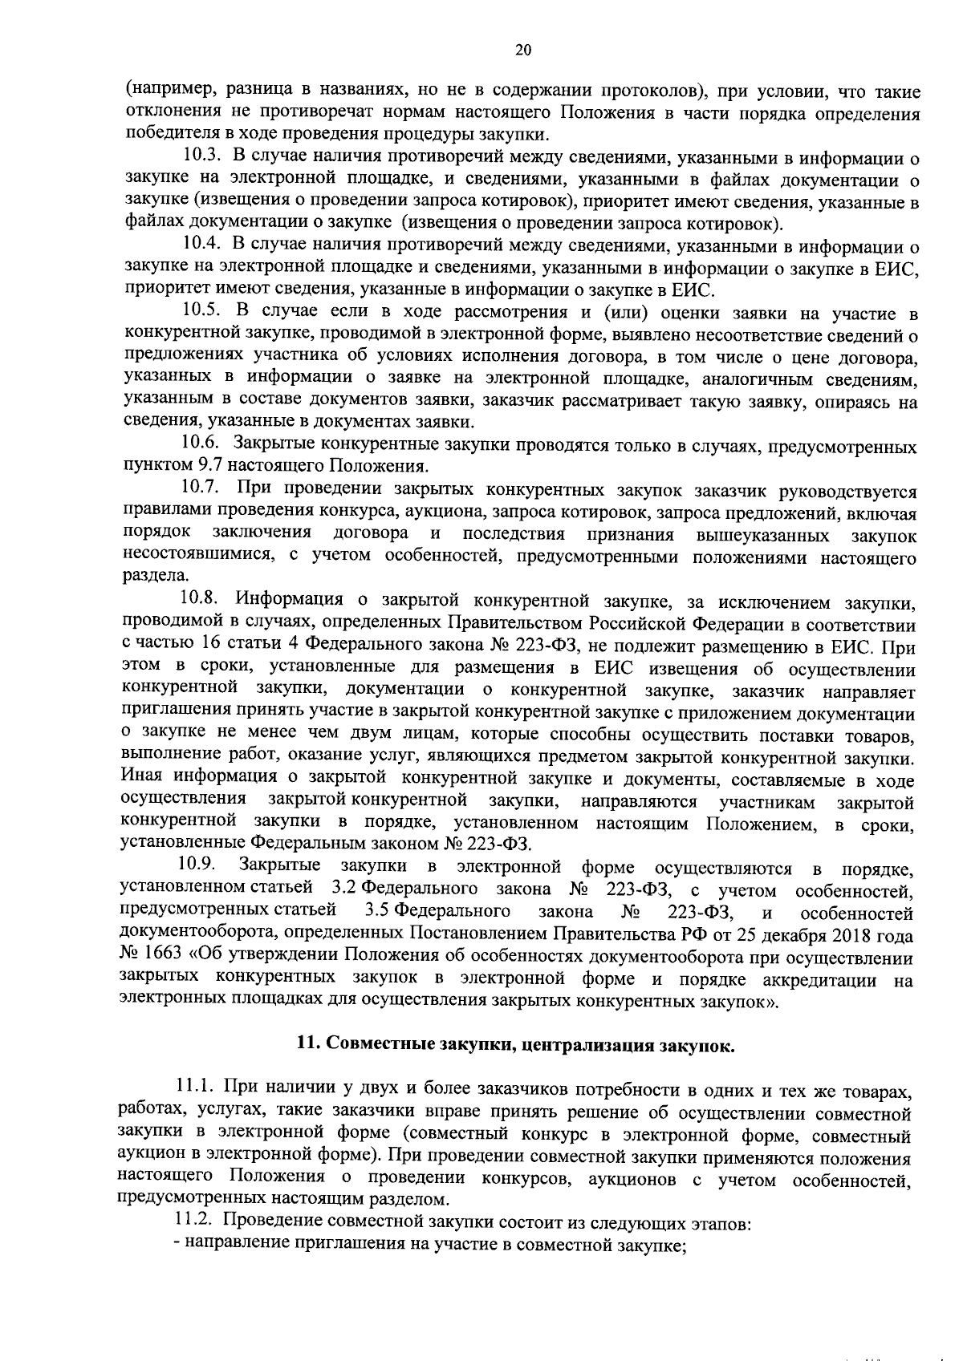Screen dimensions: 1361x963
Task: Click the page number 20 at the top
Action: point(522,51)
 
